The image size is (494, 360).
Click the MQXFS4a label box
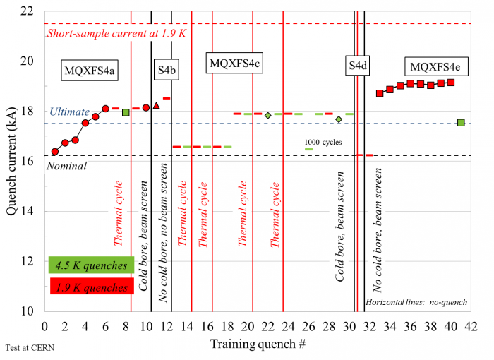pos(90,71)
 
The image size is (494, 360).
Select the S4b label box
pos(167,69)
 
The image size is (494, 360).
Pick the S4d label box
pos(358,67)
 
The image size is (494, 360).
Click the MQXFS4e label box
pos(435,68)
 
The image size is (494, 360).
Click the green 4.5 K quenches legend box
pos(91,265)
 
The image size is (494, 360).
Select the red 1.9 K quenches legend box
pos(91,287)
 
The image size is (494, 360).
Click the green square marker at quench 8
pos(126,112)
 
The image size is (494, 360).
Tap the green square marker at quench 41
pos(461,123)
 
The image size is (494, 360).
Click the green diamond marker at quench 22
pos(268,115)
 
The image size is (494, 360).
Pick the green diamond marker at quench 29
pos(339,119)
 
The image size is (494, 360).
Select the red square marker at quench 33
pos(380,93)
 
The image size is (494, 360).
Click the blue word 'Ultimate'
pos(69,112)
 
